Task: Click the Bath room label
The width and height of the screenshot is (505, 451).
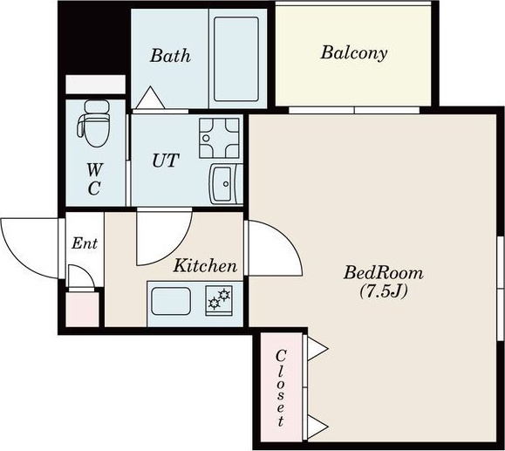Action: tap(170, 56)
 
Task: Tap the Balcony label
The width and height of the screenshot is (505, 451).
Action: tap(354, 53)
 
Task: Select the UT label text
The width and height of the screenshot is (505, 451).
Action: tap(166, 161)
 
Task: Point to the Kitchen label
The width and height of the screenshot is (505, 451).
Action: tap(205, 266)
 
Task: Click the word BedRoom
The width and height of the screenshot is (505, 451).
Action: tap(384, 272)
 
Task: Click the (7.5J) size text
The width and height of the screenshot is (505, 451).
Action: tap(384, 290)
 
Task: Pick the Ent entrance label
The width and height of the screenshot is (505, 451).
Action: tap(85, 243)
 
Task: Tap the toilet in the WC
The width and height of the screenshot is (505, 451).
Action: tap(93, 123)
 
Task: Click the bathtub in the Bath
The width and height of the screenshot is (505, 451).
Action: tap(236, 59)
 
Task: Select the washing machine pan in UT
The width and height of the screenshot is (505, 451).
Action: tap(219, 138)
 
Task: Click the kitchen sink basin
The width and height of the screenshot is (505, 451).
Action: tap(171, 301)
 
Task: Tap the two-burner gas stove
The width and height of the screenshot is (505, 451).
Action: tap(219, 301)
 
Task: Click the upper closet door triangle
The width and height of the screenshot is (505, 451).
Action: tap(317, 349)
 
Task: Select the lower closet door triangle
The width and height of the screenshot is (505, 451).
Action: tap(317, 427)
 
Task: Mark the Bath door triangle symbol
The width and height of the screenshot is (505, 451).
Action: tap(150, 98)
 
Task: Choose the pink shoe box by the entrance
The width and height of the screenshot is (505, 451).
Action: tap(83, 310)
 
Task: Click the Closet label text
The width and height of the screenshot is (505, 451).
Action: tap(281, 388)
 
